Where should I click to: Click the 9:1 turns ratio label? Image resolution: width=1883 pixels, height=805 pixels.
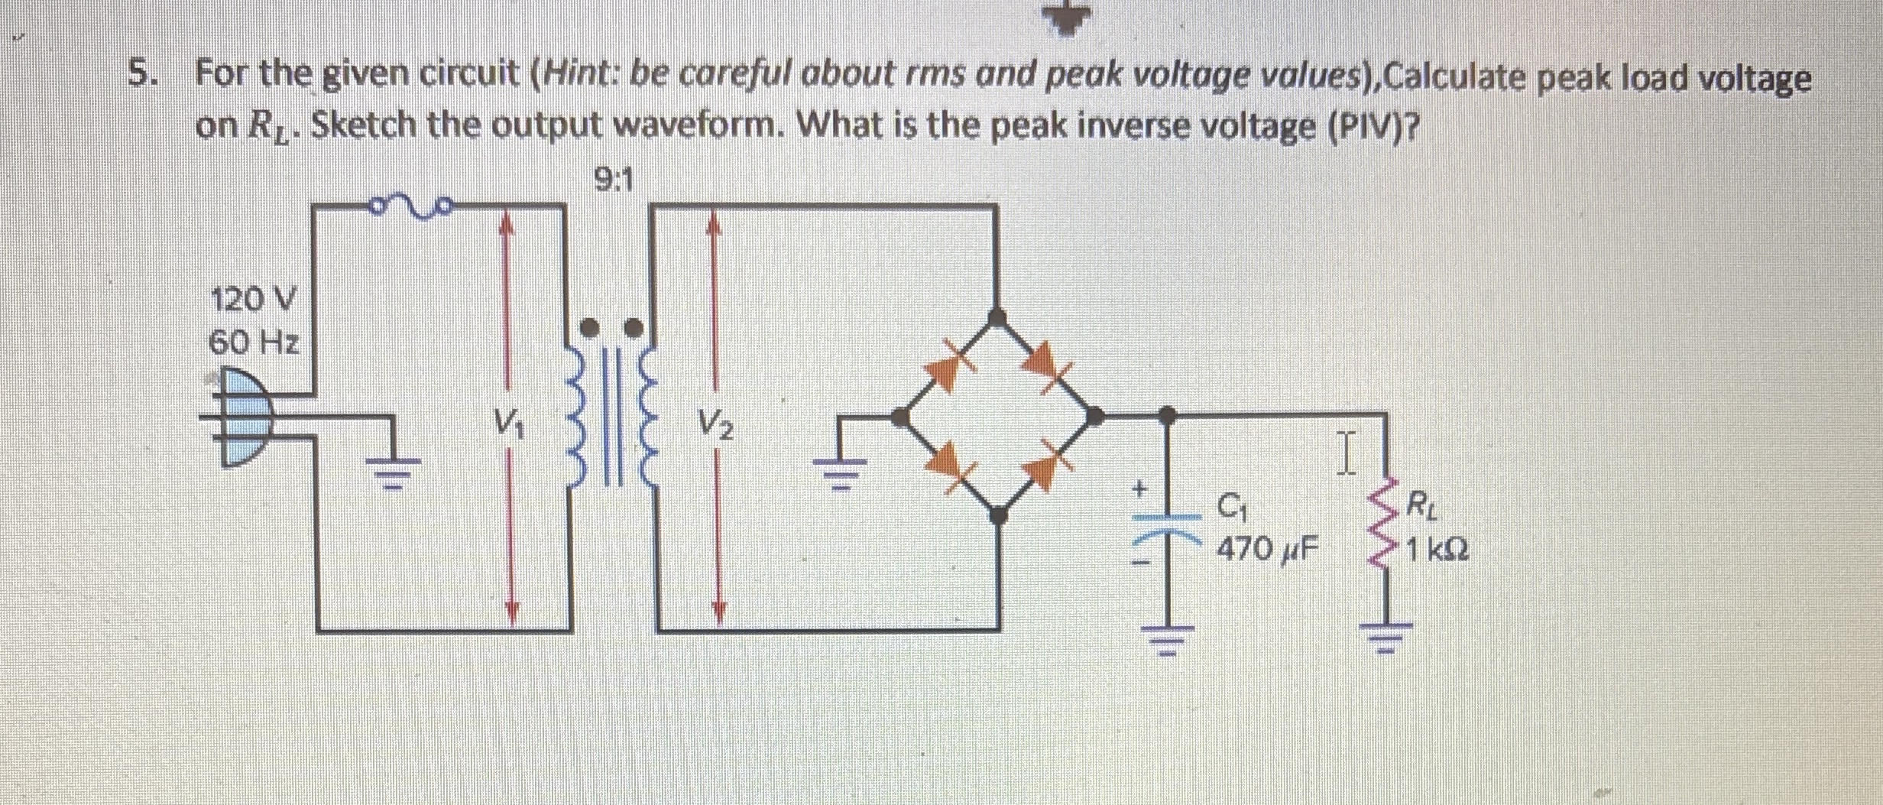coord(613,181)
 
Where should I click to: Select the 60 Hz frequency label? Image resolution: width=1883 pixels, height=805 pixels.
coord(254,343)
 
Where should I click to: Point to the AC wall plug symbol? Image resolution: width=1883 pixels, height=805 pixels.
coord(242,418)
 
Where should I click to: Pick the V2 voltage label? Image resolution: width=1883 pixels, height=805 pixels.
coord(715,423)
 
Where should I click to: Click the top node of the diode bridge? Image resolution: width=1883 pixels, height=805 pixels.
coord(997,316)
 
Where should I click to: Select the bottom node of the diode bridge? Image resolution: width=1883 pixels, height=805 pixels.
coord(997,516)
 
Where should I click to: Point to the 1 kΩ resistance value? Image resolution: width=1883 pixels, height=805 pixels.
coord(1437,549)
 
